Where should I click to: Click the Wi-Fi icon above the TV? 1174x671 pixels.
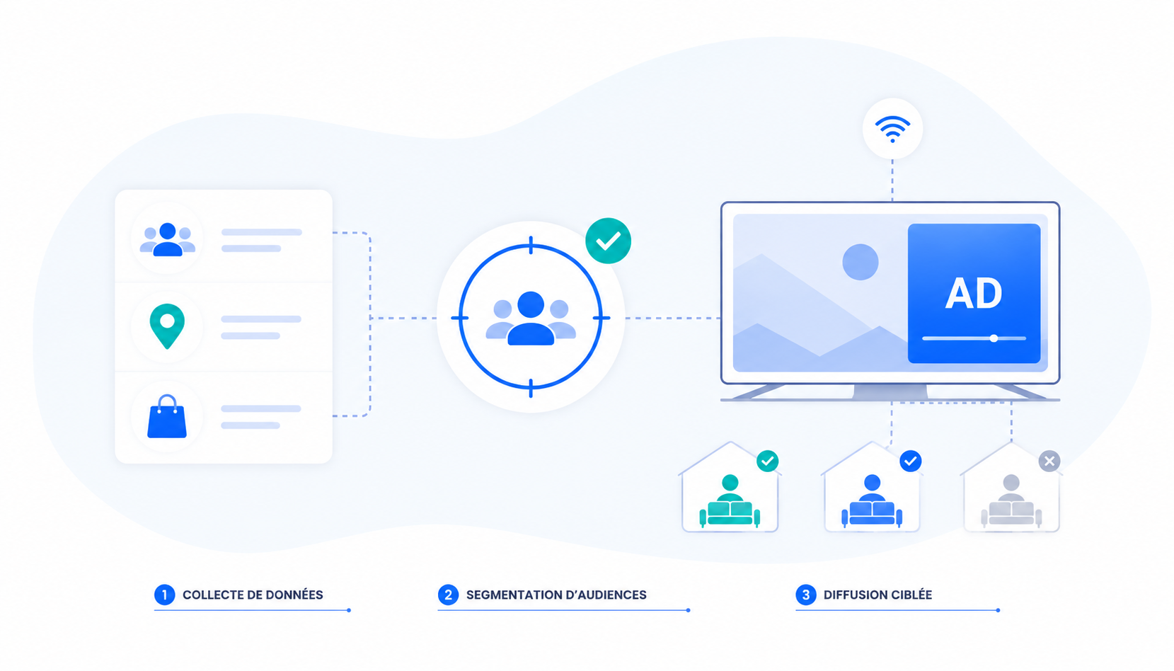892,129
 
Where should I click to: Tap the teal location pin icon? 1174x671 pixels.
167,326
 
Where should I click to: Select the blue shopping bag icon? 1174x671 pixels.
167,416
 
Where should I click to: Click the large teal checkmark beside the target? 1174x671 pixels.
608,241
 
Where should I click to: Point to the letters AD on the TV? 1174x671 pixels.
974,293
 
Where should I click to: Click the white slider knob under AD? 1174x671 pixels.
994,338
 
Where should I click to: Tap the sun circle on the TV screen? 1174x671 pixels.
860,262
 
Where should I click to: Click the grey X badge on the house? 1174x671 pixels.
1049,461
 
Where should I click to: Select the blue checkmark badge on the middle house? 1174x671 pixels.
910,461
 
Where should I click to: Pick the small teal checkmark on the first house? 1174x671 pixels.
767,461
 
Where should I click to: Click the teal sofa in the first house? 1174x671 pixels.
730,513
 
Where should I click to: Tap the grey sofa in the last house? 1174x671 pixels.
1011,513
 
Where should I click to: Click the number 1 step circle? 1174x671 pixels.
165,595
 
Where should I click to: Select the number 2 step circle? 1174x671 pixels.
448,595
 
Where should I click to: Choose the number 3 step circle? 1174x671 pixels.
806,595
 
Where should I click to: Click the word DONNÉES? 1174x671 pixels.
294,595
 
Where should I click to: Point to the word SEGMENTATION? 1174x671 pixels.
514,595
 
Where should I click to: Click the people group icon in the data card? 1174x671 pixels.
168,239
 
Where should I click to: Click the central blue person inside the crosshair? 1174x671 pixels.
531,319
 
